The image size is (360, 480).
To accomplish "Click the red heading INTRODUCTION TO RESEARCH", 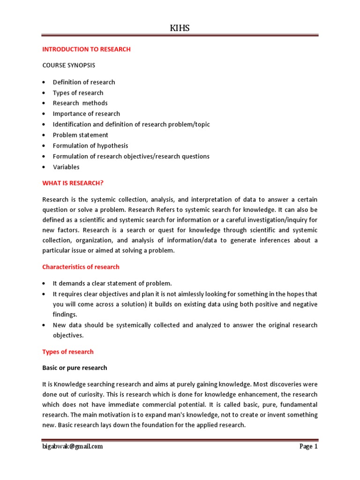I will tap(86, 49).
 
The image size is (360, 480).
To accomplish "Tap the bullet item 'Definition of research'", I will tap(83, 82).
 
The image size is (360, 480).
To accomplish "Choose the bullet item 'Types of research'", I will tap(78, 93).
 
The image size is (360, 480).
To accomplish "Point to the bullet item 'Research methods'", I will tap(80, 103).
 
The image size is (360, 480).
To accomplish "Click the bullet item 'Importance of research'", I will tap(86, 114).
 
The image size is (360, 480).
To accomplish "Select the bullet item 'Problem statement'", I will tap(80, 135).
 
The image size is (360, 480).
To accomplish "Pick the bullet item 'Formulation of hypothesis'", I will tap(90, 146).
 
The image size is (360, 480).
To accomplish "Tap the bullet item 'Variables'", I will tap(66, 167).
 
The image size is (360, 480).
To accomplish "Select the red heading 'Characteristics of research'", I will tap(81, 267).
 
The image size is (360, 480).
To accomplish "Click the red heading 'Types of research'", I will tap(68, 352).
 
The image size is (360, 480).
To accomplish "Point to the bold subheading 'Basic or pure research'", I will tap(75, 367).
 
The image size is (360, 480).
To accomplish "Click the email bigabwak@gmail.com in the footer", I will tap(72, 446).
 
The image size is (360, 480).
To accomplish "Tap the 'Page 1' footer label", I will tap(308, 446).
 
